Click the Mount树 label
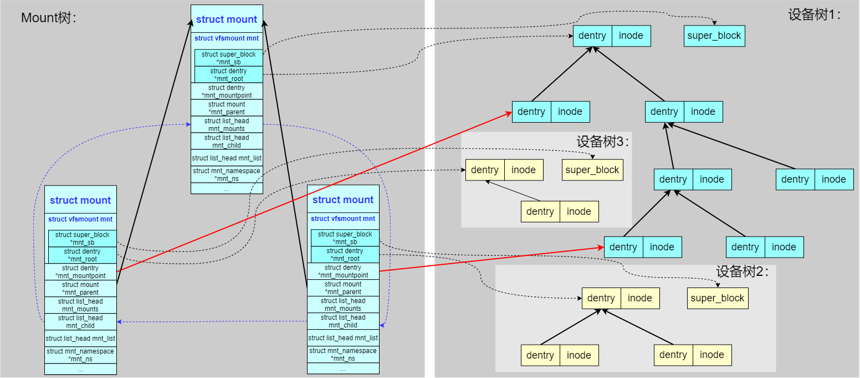coord(48,18)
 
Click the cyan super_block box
coord(714,36)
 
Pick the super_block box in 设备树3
coord(592,170)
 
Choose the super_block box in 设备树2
coord(718,298)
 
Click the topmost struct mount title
coord(227,19)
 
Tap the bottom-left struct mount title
coord(80,200)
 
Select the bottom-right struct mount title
coord(343,200)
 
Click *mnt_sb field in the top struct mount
coord(229,58)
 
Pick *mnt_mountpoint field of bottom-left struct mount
coord(81,272)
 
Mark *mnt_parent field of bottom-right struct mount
coord(343,288)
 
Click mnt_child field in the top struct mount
coord(227,142)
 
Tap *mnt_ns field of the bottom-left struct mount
coord(80,355)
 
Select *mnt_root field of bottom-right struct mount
coord(345,255)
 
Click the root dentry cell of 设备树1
coord(592,36)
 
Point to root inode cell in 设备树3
coord(524,170)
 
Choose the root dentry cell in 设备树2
coord(601,298)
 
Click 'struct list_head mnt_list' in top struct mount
coord(227,158)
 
